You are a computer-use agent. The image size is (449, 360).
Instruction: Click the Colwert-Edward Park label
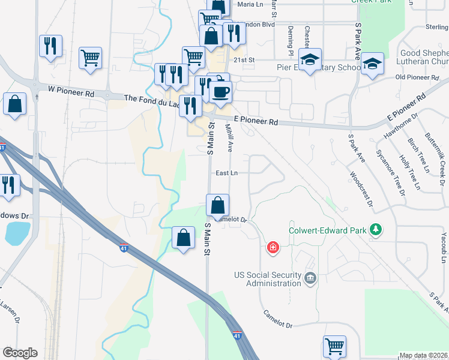(328, 230)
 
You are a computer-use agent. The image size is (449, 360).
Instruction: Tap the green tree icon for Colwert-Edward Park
(376, 230)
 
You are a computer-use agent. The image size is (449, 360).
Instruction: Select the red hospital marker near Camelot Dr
(273, 247)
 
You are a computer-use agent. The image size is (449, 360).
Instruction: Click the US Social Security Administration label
(267, 279)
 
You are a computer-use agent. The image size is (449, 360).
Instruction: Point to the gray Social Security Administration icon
(310, 277)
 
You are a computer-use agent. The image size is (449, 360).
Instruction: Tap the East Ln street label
(227, 173)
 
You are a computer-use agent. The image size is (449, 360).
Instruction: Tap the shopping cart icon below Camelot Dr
(334, 346)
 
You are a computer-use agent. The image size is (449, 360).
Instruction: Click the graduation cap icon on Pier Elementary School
(310, 60)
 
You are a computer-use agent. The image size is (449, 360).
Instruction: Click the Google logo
(20, 353)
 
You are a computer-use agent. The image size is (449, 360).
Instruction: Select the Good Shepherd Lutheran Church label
(424, 57)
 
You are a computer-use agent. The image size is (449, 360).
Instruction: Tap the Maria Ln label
(250, 4)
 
